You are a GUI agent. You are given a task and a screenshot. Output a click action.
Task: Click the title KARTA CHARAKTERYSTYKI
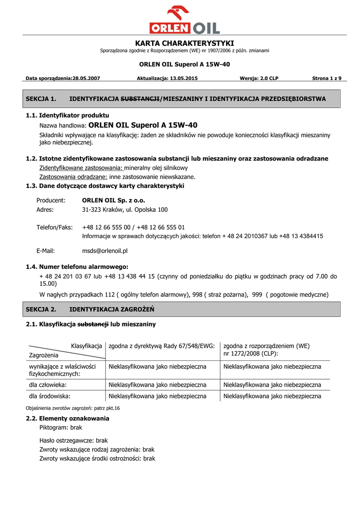pyautogui.click(x=184, y=43)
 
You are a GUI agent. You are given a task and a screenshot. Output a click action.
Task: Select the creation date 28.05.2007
pyautogui.click(x=87, y=79)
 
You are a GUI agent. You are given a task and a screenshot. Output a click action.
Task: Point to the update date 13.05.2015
pyautogui.click(x=183, y=79)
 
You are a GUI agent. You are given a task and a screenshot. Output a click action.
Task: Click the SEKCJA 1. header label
pyautogui.click(x=41, y=99)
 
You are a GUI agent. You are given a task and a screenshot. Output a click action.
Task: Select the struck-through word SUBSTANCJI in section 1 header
pyautogui.click(x=140, y=99)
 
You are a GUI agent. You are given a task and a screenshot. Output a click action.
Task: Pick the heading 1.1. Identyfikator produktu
pyautogui.click(x=67, y=115)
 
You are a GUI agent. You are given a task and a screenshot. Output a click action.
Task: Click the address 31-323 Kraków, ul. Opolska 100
pyautogui.click(x=125, y=210)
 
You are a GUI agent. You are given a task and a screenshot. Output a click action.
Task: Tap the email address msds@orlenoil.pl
pyautogui.click(x=105, y=251)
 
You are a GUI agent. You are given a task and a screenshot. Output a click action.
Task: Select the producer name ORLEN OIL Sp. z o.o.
pyautogui.click(x=113, y=200)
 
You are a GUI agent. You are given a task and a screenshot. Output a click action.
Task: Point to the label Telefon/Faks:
pyautogui.click(x=54, y=227)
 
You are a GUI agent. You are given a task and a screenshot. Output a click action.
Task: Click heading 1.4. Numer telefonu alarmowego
pyautogui.click(x=77, y=267)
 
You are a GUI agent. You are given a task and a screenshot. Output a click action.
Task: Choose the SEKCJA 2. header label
pyautogui.click(x=41, y=309)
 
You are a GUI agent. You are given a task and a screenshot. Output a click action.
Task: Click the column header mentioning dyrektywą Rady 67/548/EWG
pyautogui.click(x=161, y=345)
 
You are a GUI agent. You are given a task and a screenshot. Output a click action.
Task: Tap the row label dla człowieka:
pyautogui.click(x=48, y=385)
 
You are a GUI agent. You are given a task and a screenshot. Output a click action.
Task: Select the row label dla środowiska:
pyautogui.click(x=50, y=396)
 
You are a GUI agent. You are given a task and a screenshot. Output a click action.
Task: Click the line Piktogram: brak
pyautogui.click(x=61, y=427)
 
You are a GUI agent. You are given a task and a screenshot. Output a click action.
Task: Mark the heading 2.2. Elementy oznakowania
pyautogui.click(x=67, y=419)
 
